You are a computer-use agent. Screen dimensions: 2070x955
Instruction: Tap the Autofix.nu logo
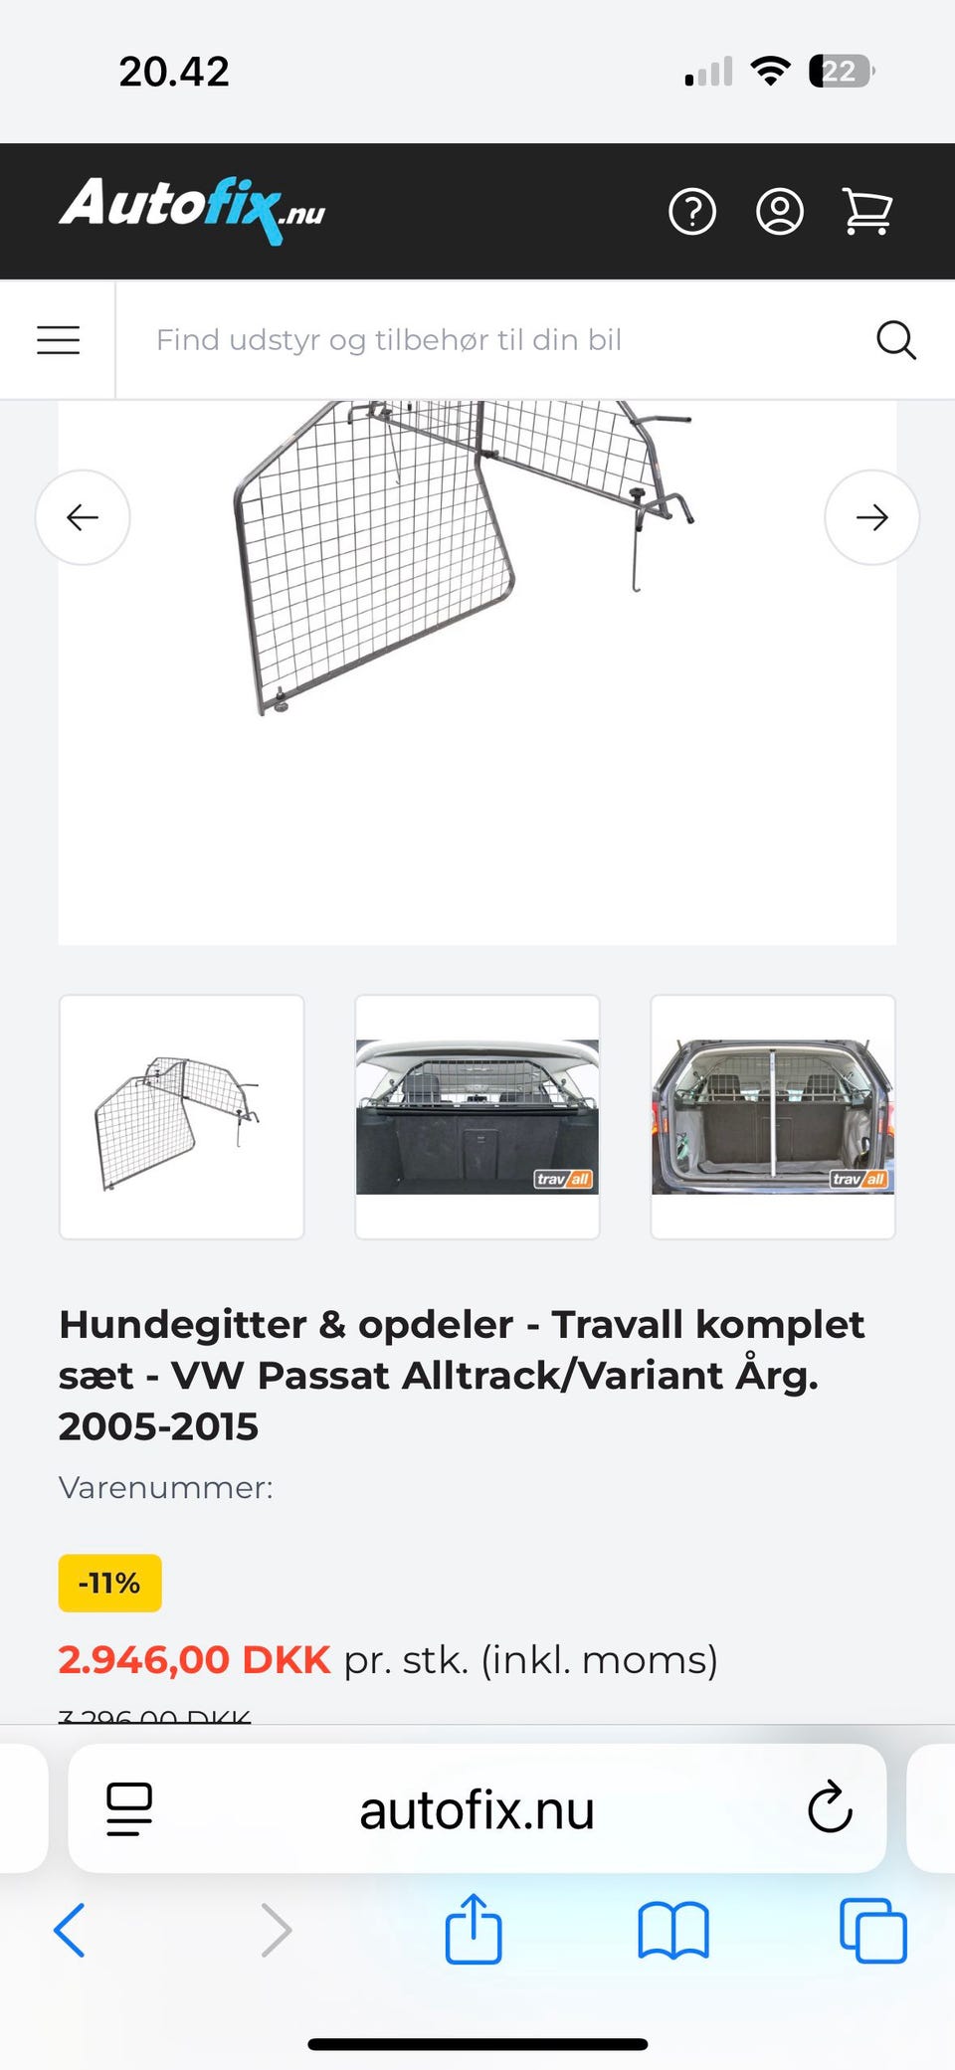192,208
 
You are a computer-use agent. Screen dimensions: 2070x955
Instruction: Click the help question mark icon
692,212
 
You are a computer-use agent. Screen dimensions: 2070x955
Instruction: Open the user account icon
780,212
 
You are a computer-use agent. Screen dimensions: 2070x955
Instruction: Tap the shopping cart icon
867,212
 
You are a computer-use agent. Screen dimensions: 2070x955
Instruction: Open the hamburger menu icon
59,340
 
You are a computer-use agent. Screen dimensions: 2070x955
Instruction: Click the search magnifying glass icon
895,340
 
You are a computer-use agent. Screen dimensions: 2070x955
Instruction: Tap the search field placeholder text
389,340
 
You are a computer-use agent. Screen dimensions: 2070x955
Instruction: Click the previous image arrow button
83,517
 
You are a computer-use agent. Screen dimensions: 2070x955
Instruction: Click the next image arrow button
871,517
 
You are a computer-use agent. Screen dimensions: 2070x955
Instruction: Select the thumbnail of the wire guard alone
182,1117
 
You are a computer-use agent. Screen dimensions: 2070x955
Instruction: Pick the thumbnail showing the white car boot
477,1117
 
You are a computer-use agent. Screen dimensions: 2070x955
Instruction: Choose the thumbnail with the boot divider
773,1117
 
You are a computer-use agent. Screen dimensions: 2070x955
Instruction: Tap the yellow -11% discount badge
109,1583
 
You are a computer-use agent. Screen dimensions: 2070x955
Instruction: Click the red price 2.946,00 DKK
194,1660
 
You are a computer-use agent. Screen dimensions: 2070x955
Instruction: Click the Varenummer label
165,1488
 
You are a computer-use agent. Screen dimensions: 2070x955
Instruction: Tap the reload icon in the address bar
830,1808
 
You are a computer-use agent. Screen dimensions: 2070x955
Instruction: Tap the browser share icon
474,1930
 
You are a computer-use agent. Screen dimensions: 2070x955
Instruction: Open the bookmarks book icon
673,1931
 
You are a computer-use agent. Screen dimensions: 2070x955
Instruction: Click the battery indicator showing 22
841,72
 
